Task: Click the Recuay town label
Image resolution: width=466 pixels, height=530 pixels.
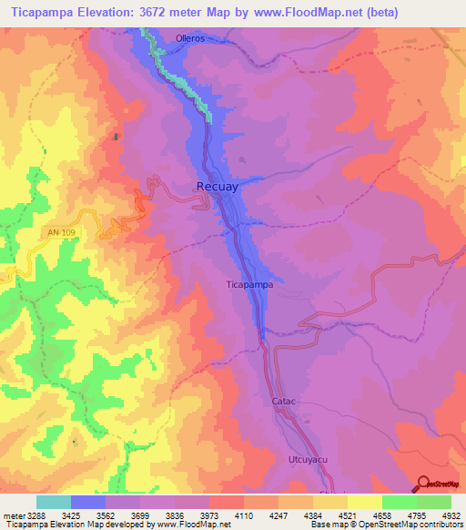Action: point(218,187)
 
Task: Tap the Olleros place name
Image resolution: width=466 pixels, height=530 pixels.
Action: point(191,39)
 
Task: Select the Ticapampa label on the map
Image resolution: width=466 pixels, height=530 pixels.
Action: point(249,284)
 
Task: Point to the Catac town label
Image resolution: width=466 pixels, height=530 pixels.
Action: point(285,401)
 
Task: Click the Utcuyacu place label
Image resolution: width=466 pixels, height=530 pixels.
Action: point(307,460)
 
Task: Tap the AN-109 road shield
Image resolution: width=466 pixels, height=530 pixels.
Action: point(61,233)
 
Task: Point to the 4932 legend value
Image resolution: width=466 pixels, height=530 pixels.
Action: point(451,515)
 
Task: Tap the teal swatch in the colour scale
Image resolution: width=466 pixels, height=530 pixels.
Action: point(54,502)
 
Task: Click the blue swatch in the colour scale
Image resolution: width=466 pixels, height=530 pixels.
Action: point(88,502)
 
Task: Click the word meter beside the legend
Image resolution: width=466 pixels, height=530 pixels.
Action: point(13,515)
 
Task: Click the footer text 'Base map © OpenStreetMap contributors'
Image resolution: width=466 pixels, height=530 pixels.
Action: point(386,525)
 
